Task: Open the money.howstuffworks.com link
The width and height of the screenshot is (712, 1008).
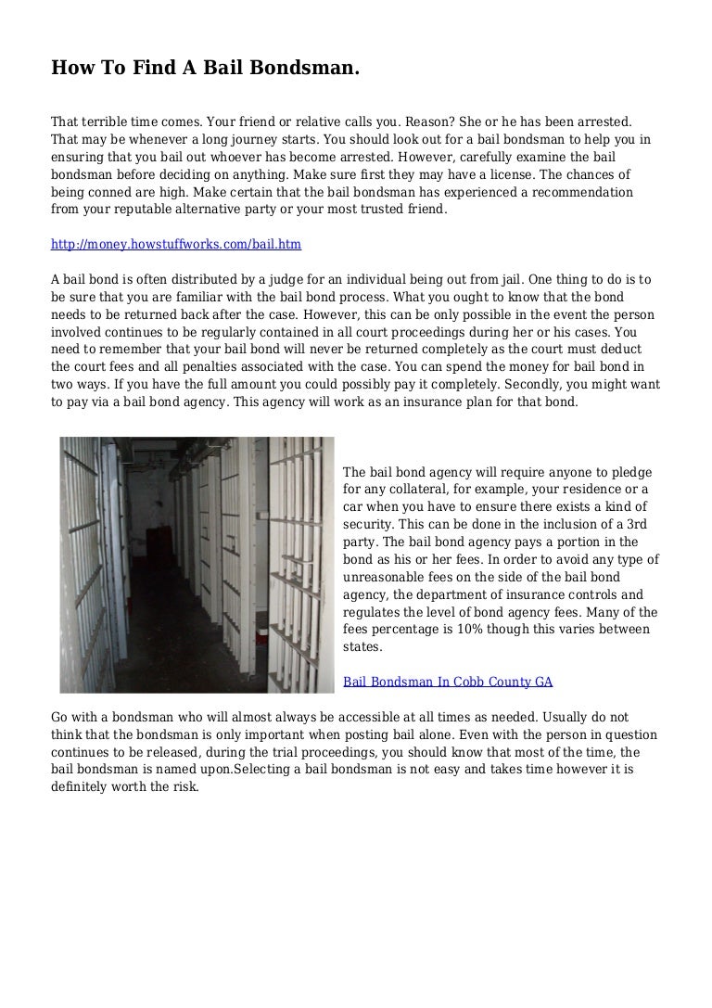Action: tap(176, 245)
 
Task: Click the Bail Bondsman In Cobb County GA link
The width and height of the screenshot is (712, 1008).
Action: tap(448, 682)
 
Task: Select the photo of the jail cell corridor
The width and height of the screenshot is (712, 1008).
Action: tap(197, 565)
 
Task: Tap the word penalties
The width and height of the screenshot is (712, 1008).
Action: tap(187, 367)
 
